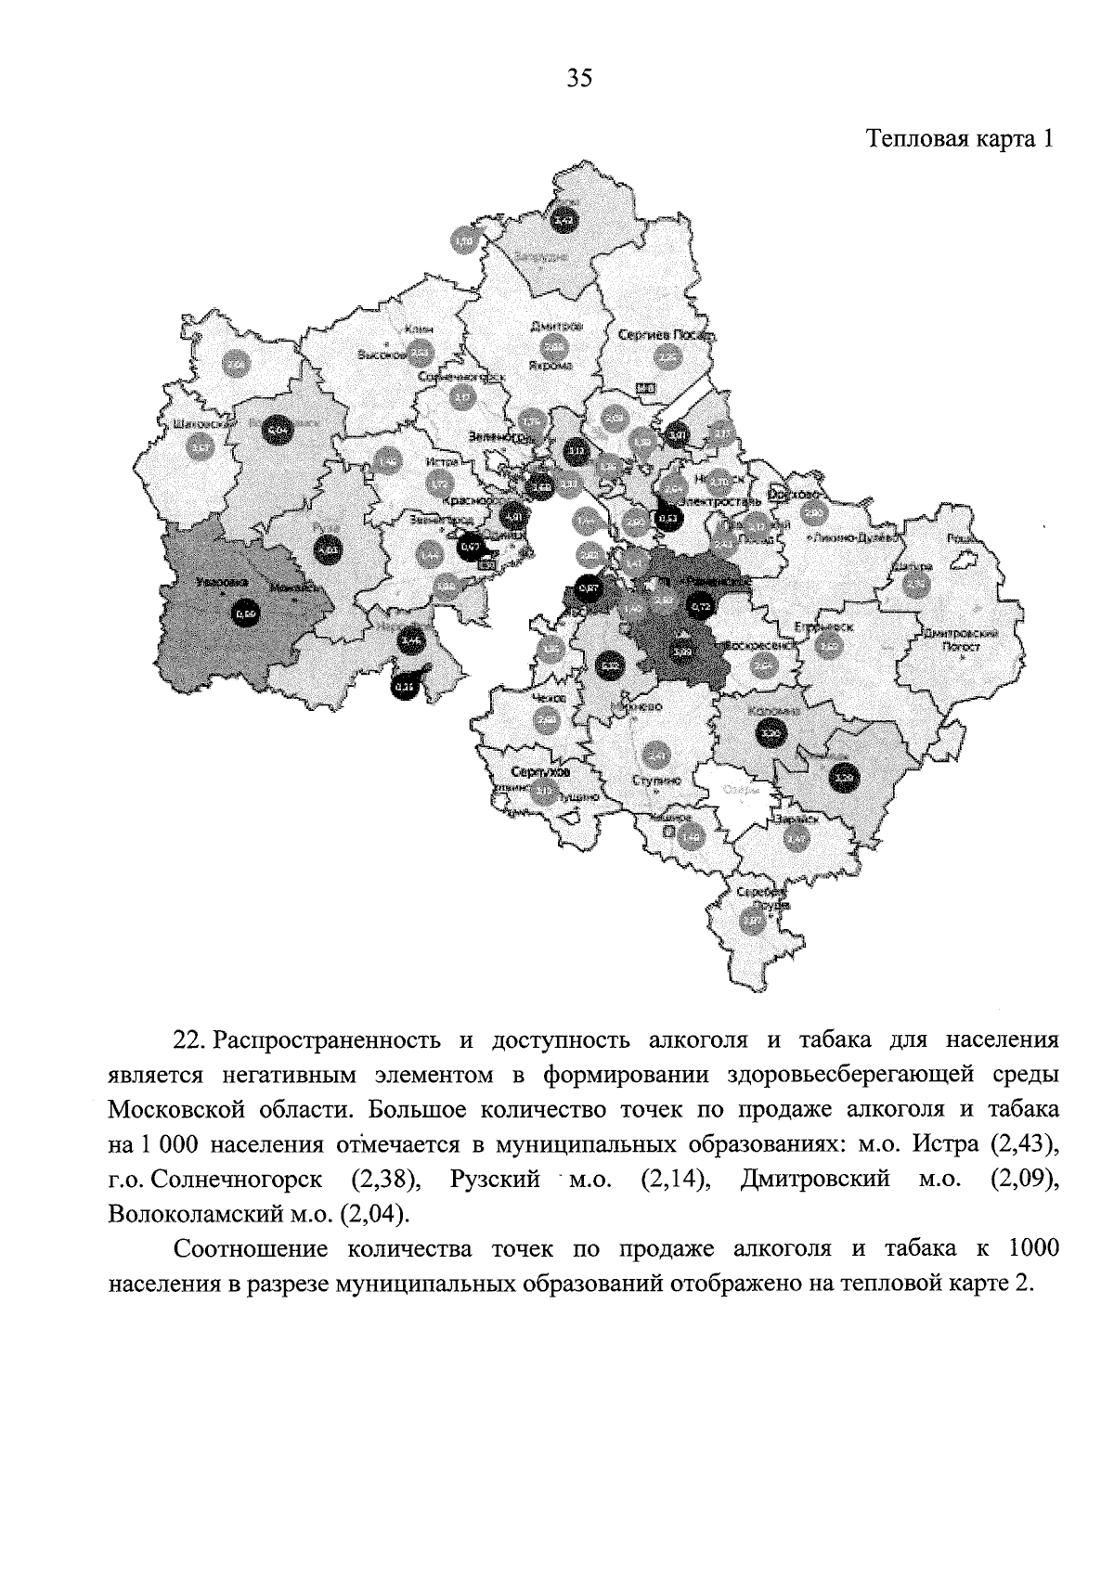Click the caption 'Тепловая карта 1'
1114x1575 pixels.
(x=961, y=139)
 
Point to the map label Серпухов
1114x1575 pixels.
(x=539, y=772)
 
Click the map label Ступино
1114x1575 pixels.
(x=656, y=781)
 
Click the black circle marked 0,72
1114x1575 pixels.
(x=701, y=605)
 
